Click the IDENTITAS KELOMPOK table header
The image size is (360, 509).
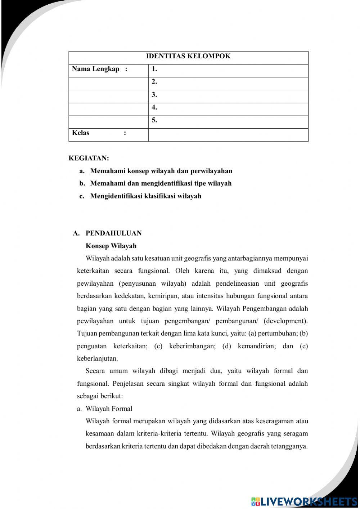coord(188,56)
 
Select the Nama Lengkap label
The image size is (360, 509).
coord(96,69)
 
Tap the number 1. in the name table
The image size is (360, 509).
coord(154,69)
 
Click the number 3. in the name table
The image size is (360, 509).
coord(154,95)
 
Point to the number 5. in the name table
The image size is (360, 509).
coord(154,121)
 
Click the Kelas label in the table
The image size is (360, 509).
coord(81,133)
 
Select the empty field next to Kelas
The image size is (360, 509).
coord(228,135)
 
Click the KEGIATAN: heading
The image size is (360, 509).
coord(89,158)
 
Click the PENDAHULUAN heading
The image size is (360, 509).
coord(113,233)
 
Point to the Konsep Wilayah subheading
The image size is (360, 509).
coord(111,246)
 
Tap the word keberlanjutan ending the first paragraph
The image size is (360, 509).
coord(97,359)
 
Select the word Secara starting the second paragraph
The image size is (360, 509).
coord(95,371)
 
